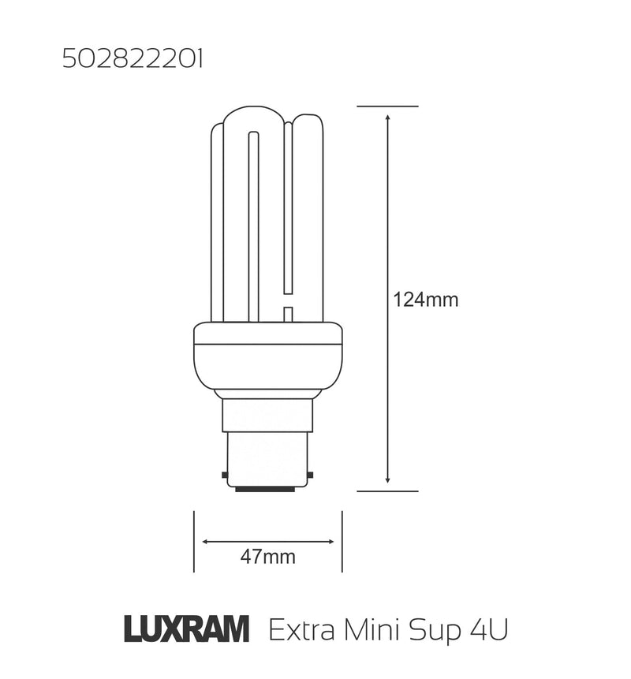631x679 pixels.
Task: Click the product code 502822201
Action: (x=132, y=60)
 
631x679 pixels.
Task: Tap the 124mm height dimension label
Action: (x=425, y=300)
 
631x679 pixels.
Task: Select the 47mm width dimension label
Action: (x=268, y=557)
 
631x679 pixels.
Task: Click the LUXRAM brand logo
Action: (x=187, y=630)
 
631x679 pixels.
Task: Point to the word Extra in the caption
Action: (x=299, y=631)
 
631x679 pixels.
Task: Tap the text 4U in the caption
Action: (x=490, y=631)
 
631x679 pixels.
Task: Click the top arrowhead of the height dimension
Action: (x=387, y=118)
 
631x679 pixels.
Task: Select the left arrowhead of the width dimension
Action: (x=207, y=542)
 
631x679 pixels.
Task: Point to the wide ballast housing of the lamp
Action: (x=267, y=359)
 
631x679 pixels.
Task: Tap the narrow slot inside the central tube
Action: (x=253, y=225)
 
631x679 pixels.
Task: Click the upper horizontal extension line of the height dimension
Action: (x=387, y=106)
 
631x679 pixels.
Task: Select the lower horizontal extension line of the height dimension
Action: (x=387, y=491)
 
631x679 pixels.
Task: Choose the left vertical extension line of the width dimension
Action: (x=194, y=542)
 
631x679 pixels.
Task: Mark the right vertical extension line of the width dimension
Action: (x=342, y=542)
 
